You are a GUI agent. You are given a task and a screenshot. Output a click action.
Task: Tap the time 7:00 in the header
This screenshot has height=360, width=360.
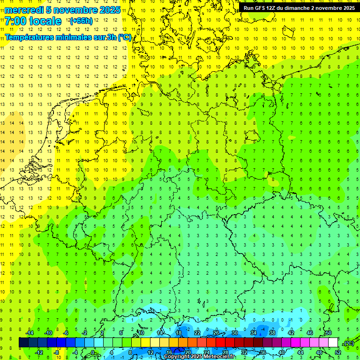coord(15,21)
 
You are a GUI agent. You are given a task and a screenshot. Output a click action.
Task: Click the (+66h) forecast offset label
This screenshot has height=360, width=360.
coord(81,21)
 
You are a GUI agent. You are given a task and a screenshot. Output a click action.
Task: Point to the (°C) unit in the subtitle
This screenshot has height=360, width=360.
coord(124,37)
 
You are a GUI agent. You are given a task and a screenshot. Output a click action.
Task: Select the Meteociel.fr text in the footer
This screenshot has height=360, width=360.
coord(219,357)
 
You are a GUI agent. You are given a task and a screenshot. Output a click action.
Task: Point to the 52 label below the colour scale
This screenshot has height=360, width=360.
coord(337,352)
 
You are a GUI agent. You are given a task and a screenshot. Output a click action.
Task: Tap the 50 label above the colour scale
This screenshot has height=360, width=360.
coord(328,333)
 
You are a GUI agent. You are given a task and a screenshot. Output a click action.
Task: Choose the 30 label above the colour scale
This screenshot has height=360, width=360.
coord(235,333)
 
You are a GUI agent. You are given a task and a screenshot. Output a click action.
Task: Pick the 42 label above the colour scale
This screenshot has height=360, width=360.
coord(291,333)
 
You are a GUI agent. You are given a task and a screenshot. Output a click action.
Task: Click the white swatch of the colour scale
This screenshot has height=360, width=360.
coord(333,342)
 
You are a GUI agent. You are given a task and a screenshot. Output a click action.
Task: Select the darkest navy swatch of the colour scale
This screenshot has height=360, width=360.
coord(23,342)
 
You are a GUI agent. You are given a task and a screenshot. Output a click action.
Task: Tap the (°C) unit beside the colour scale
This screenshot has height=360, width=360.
coord(348,343)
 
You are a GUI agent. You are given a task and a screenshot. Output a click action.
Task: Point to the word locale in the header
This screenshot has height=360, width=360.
coord(45,21)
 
